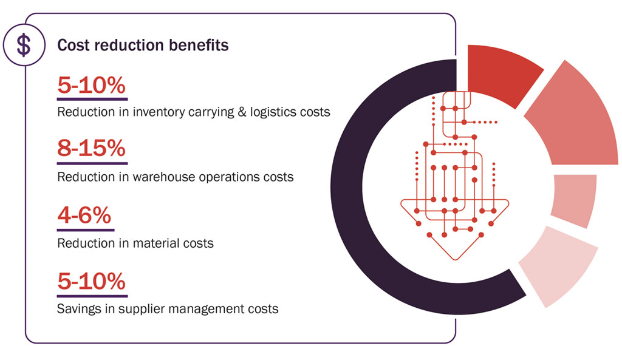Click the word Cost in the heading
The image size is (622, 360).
click(72, 46)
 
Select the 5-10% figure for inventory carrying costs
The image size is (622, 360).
click(92, 86)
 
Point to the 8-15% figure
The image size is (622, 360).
click(92, 149)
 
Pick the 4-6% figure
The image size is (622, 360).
click(85, 216)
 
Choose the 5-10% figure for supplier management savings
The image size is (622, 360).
click(92, 282)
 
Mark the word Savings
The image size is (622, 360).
click(78, 309)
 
